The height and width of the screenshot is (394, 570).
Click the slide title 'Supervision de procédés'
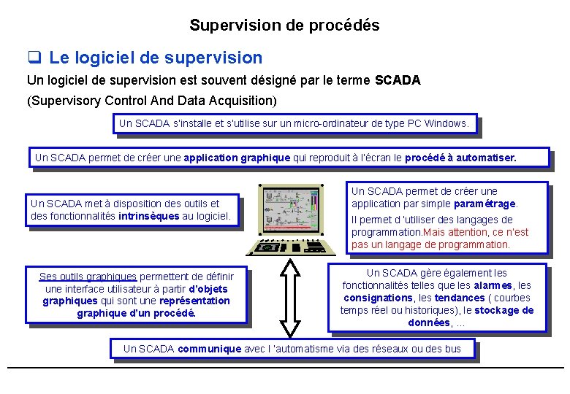[x=284, y=26]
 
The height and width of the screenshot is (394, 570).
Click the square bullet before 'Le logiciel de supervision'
[x=34, y=58]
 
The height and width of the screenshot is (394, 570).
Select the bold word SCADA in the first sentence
[x=397, y=81]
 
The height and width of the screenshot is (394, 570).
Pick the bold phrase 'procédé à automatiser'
[x=460, y=158]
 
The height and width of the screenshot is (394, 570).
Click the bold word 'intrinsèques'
[x=148, y=216]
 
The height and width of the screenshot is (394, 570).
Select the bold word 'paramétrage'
[x=484, y=204]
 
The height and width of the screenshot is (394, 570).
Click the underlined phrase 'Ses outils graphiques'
[x=88, y=277]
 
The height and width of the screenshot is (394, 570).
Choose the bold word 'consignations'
[x=378, y=298]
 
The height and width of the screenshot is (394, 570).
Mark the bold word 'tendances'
[x=459, y=298]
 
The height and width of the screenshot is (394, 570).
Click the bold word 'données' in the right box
[x=429, y=322]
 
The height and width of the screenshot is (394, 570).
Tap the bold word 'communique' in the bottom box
[x=209, y=349]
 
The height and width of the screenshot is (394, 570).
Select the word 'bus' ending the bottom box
[x=452, y=349]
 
